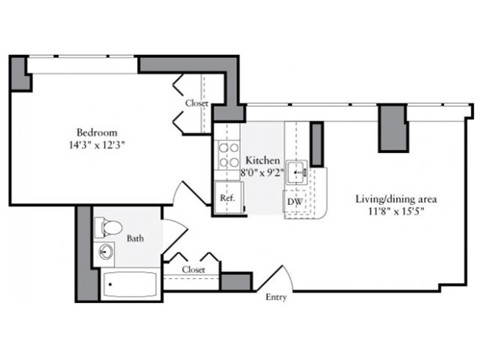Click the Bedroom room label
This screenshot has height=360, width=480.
pyautogui.click(x=97, y=132)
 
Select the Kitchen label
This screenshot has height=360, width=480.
pyautogui.click(x=263, y=160)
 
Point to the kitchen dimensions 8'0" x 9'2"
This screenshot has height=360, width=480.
pyautogui.click(x=263, y=172)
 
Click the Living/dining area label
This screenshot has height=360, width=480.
pyautogui.click(x=396, y=199)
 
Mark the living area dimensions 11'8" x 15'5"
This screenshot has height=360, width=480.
pyautogui.click(x=396, y=211)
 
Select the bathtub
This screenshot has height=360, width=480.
pyautogui.click(x=129, y=284)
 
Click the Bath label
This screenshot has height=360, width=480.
pyautogui.click(x=135, y=239)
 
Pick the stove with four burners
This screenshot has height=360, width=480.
pyautogui.click(x=227, y=155)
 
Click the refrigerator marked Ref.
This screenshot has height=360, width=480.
pyautogui.click(x=227, y=198)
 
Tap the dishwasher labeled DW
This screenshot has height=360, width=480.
pyautogui.click(x=295, y=202)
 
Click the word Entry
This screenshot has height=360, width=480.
pyautogui.click(x=276, y=297)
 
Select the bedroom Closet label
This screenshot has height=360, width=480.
pyautogui.click(x=196, y=104)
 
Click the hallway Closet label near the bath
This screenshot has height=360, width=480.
pyautogui.click(x=194, y=270)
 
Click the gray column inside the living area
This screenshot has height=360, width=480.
pyautogui.click(x=393, y=128)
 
